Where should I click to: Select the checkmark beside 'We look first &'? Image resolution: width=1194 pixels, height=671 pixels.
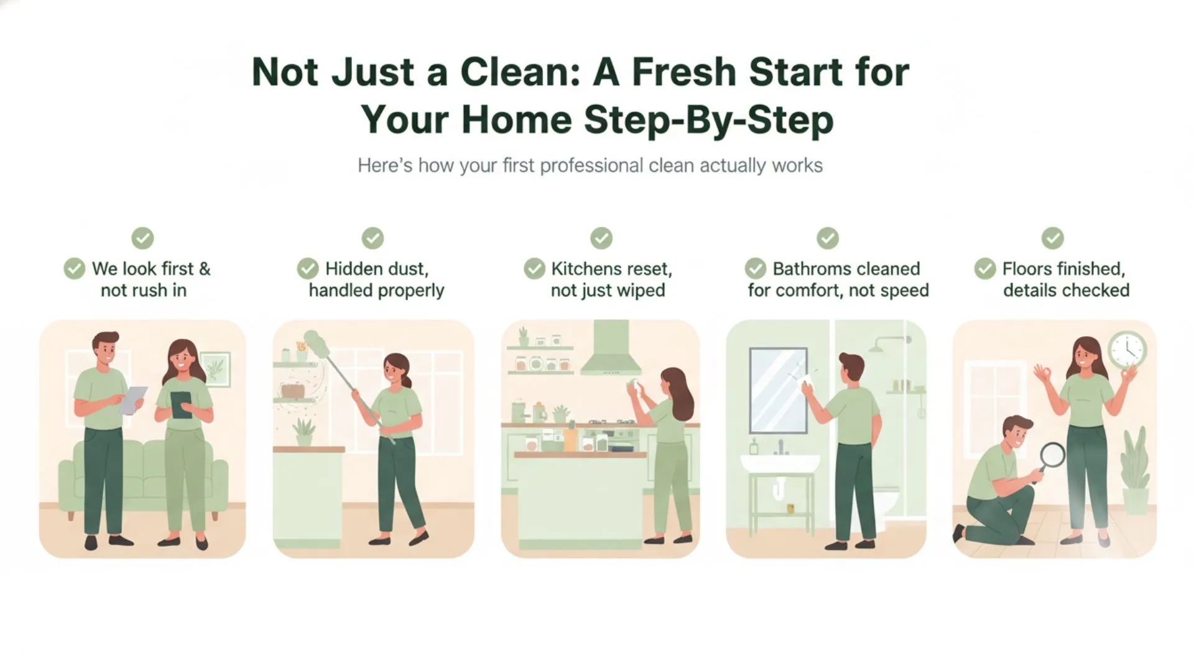pyautogui.click(x=75, y=268)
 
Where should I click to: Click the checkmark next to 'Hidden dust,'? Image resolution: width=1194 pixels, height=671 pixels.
pyautogui.click(x=308, y=268)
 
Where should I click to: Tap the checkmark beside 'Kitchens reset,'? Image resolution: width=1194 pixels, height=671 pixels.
pyautogui.click(x=534, y=268)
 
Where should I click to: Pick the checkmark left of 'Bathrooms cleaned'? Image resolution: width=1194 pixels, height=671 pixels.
pyautogui.click(x=756, y=268)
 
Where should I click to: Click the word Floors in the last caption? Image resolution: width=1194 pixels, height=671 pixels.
pyautogui.click(x=1032, y=268)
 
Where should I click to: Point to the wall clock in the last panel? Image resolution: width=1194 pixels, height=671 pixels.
pyautogui.click(x=1127, y=350)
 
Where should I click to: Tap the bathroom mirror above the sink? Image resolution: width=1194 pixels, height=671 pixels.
pyautogui.click(x=777, y=390)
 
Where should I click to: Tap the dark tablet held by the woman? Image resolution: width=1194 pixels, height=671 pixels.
pyautogui.click(x=181, y=404)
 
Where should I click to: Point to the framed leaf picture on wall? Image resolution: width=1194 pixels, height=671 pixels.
pyautogui.click(x=215, y=369)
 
